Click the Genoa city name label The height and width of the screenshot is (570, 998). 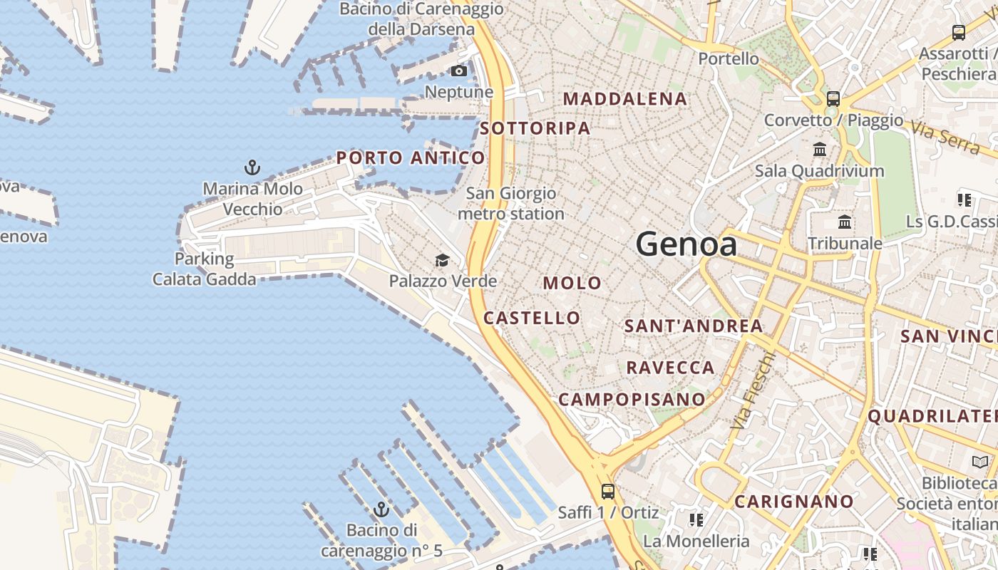(686, 244)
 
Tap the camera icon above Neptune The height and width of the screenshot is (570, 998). (459, 71)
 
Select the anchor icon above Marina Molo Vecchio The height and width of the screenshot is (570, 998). (252, 167)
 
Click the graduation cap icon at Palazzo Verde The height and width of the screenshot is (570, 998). (442, 260)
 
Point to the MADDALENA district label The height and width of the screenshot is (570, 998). (625, 99)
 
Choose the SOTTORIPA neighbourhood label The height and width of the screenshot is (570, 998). (535, 128)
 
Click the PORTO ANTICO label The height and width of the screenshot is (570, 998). (411, 157)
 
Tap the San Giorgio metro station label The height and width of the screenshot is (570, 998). (510, 203)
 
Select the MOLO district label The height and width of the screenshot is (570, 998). (572, 283)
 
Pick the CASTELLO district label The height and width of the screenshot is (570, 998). (532, 318)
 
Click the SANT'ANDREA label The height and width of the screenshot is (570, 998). (693, 326)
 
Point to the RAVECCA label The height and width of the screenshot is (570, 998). (670, 368)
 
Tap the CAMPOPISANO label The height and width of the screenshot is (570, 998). (632, 399)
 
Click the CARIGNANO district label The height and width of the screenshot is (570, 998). (793, 502)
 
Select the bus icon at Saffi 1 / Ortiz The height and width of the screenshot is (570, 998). (607, 491)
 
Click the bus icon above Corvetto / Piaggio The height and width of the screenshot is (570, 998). (833, 99)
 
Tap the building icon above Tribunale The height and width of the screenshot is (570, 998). (845, 222)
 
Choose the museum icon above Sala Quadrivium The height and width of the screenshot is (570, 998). (820, 150)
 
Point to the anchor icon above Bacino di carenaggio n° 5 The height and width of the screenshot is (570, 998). (381, 509)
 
